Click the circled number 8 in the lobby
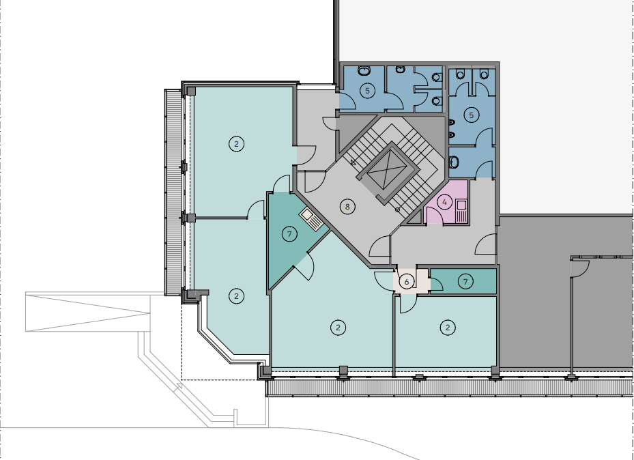[347, 207]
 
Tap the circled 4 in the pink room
[445, 202]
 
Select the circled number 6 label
[407, 281]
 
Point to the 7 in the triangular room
[289, 233]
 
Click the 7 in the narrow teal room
[465, 281]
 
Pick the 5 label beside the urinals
[471, 115]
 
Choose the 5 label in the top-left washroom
[367, 90]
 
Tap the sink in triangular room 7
[311, 219]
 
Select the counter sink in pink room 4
[461, 211]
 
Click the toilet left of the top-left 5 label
[364, 71]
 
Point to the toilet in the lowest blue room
[454, 162]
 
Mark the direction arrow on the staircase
[353, 162]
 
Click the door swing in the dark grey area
[580, 269]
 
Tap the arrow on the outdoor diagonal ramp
[178, 386]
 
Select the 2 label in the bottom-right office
[448, 328]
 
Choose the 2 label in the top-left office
[237, 143]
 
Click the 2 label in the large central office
[338, 328]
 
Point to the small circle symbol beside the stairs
[397, 210]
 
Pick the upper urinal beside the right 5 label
[452, 122]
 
